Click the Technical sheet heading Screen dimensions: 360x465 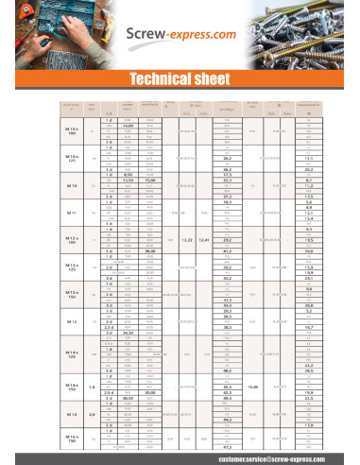click(180, 78)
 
